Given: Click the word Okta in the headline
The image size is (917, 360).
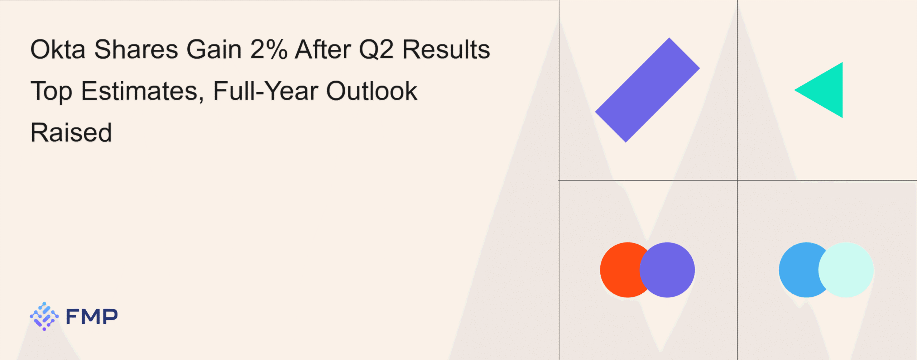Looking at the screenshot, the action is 58,49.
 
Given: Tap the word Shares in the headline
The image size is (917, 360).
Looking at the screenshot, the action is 136,49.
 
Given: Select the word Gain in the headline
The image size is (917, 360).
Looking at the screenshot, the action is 214,49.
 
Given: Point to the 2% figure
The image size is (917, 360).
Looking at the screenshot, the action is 269,49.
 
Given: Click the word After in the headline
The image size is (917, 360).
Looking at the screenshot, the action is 323,49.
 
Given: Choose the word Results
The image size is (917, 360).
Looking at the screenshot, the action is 446,49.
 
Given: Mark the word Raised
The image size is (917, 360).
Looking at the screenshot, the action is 71,132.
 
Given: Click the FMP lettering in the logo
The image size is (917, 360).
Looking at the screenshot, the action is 92,317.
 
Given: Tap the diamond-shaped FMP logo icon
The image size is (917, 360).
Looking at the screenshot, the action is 44,316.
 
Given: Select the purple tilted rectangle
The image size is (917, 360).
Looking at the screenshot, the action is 647,90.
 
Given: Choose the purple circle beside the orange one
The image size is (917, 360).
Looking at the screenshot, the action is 667,270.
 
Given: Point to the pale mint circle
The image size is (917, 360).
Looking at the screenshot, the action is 846,270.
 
